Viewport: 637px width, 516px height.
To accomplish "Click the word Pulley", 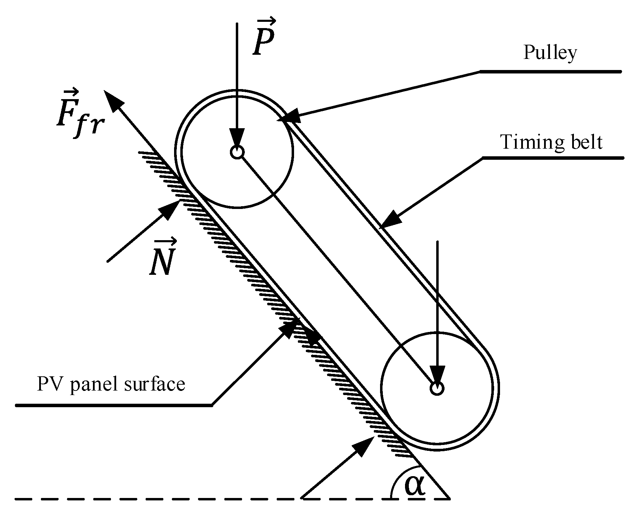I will click(550, 53).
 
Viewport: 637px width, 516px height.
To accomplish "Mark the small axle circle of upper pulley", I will click(237, 152).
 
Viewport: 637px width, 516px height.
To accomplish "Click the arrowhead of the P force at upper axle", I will click(237, 137).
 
